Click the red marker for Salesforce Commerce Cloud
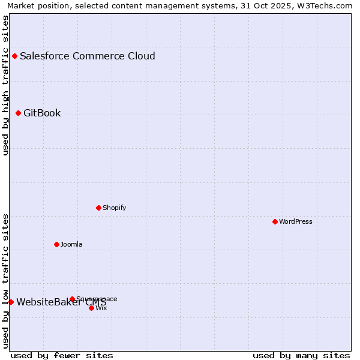coord(15,56)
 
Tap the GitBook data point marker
coord(19,113)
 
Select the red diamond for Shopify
coord(99,208)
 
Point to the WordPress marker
coord(275,222)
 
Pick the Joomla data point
coord(57,245)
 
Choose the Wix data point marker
coord(92,308)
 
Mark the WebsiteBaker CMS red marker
coord(11,302)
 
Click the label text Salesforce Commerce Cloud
coord(88,56)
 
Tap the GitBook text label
coord(42,113)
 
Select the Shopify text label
coord(114,208)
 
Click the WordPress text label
coord(295,222)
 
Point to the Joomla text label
coord(71,245)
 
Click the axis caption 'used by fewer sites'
coord(62,356)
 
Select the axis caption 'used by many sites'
coord(301,356)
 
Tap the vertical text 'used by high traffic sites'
coord(5,85)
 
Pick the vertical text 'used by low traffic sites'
coord(5,281)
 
